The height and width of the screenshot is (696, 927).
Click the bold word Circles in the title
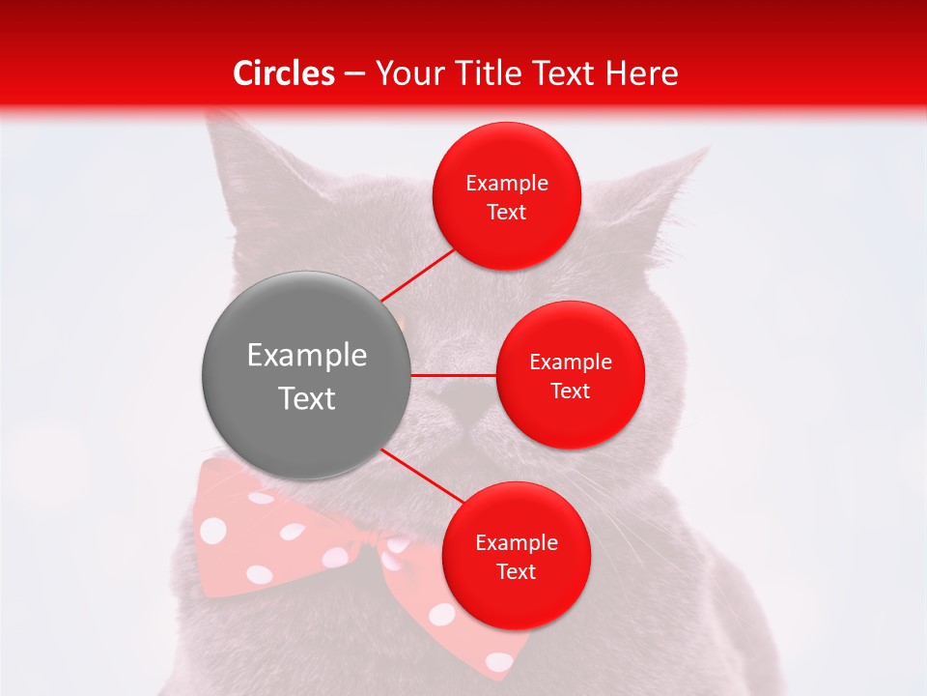284,73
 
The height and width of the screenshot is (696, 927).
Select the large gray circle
306,376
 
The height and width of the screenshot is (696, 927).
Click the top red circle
506,196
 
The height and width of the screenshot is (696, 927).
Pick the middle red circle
570,375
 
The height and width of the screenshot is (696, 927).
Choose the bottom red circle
516,556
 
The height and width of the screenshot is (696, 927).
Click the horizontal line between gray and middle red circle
453,375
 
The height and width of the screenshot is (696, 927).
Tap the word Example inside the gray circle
307,356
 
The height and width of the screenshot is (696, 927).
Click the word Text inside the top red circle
506,212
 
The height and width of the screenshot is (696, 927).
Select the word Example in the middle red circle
571,362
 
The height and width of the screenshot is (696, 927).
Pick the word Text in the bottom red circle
516,571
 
